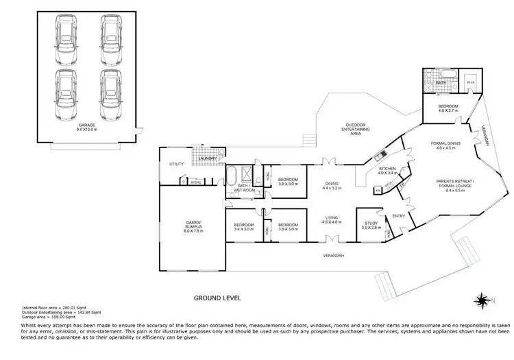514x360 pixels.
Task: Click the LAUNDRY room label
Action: [208, 159]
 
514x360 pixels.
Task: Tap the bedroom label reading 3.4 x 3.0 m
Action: [244, 227]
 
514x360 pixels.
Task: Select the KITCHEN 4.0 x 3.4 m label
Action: [387, 171]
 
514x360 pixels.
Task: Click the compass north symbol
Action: [482, 300]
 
